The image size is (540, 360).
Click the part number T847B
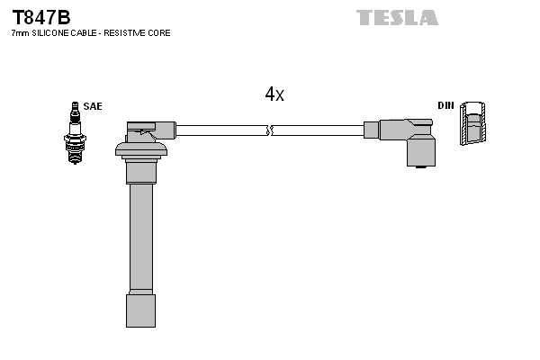pos(40,17)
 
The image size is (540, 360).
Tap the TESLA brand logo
pos(397,17)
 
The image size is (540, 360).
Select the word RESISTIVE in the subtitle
pos(130,33)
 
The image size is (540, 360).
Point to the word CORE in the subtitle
pos(160,33)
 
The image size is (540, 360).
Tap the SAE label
pos(93,106)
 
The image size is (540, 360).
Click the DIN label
pos(445,106)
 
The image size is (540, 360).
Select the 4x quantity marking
pos(274,94)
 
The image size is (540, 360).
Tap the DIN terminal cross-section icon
pos(476,123)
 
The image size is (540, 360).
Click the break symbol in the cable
pos(269,130)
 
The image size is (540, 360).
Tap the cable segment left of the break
pos(220,130)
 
